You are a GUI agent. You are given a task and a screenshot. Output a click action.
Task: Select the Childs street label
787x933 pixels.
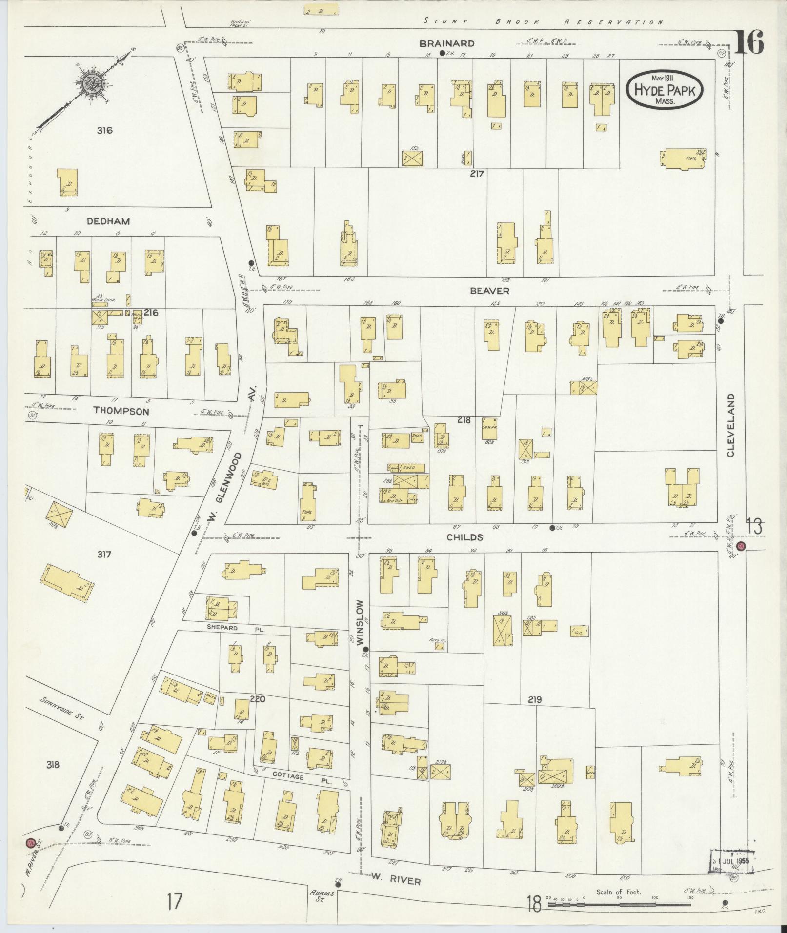(x=465, y=537)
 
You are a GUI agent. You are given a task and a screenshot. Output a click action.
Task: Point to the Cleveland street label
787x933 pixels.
(x=730, y=425)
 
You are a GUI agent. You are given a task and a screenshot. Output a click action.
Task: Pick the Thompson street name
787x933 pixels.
(x=121, y=411)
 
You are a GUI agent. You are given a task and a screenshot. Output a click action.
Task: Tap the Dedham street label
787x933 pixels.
(x=108, y=221)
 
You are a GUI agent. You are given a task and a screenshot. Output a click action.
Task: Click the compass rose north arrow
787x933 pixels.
(x=91, y=81)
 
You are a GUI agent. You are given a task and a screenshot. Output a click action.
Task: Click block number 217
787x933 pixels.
(x=476, y=173)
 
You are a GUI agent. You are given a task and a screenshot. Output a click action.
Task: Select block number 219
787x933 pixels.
(x=535, y=699)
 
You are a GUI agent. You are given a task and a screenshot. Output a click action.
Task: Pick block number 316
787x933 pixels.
(x=104, y=130)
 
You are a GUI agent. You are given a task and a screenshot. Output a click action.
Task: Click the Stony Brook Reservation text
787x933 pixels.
(x=543, y=21)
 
